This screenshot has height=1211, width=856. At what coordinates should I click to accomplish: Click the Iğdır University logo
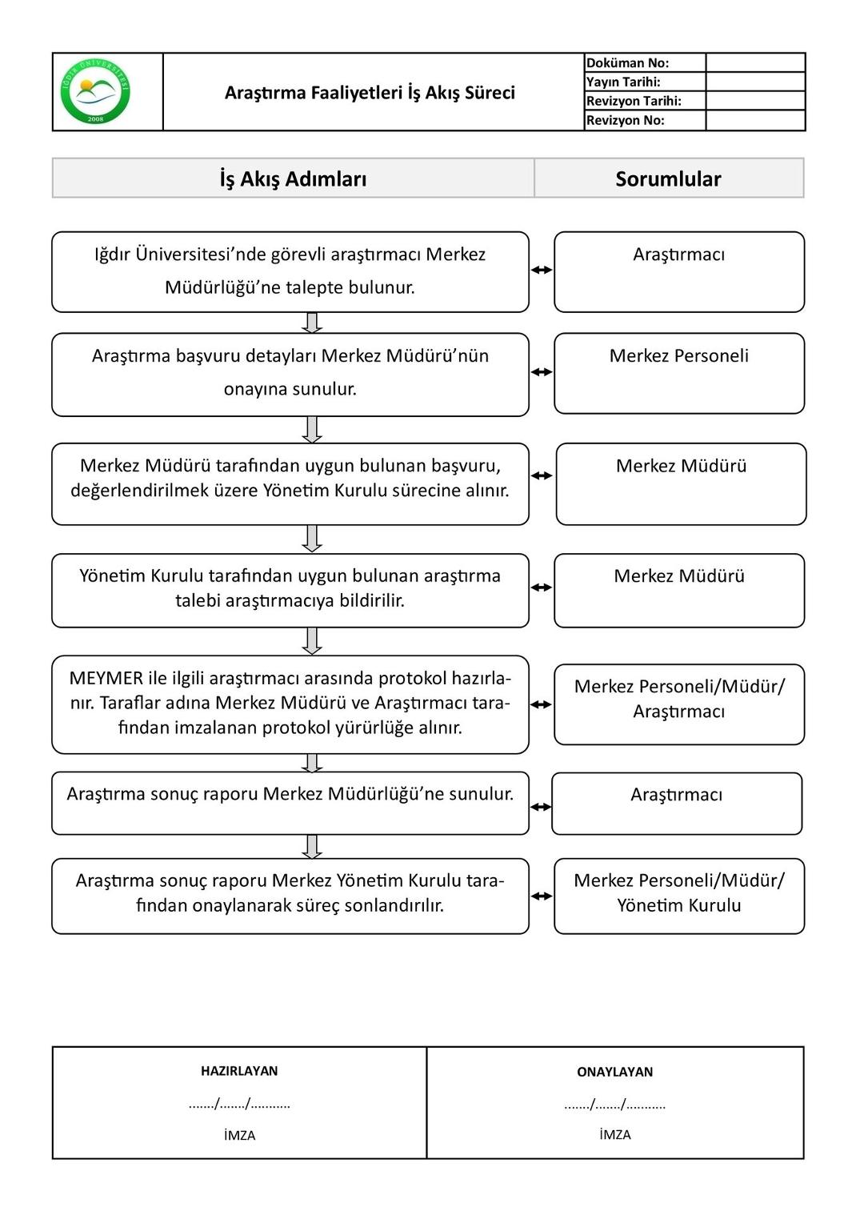95,91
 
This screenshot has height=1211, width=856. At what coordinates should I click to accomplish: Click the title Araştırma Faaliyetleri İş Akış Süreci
370,93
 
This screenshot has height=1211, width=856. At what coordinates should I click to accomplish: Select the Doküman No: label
627,63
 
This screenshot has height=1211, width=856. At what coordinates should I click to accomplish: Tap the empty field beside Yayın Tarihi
754,82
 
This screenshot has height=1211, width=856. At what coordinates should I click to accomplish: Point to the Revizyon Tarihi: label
634,101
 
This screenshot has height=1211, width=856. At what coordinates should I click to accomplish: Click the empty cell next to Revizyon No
754,120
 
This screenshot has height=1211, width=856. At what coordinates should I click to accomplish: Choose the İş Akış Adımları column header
293,178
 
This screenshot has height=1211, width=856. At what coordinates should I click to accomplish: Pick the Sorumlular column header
668,178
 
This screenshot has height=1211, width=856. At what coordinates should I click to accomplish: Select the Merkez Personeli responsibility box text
678,355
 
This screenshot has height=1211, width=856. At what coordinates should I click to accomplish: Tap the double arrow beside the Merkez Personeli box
542,372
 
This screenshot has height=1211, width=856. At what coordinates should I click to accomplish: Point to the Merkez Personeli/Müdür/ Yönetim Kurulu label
678,892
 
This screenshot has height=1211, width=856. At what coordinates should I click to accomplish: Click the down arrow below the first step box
313,323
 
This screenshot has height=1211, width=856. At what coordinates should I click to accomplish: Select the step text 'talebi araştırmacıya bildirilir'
290,600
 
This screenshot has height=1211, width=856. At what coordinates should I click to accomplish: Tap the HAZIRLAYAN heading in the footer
239,1071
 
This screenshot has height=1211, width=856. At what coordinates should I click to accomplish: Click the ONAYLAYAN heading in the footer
614,1072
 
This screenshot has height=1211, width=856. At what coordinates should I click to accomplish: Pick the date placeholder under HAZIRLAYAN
239,1104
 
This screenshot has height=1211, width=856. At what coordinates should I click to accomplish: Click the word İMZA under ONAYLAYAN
614,1134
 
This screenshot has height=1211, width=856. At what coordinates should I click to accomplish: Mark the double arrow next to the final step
542,896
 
